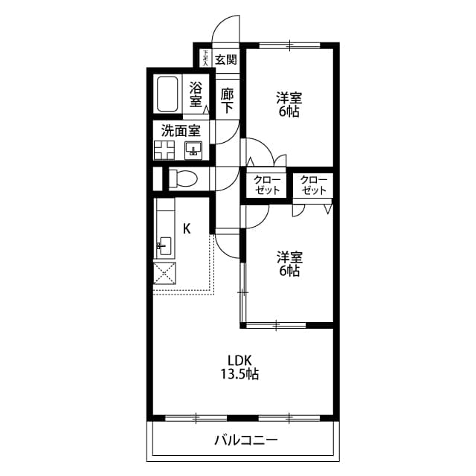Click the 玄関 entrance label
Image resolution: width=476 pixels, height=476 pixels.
click(x=226, y=59)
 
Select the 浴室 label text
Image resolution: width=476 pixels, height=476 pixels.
click(x=196, y=93)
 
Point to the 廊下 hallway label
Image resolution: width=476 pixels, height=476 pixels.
click(x=228, y=100)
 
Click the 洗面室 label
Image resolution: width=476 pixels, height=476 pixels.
click(x=181, y=129)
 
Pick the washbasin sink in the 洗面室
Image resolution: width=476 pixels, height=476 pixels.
click(x=194, y=151)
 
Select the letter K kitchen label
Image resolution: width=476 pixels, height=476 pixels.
click(x=187, y=228)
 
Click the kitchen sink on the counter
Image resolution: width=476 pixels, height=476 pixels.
click(x=164, y=244)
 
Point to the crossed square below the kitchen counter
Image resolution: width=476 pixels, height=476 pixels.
click(x=164, y=274)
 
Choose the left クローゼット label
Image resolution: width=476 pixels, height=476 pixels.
click(x=267, y=185)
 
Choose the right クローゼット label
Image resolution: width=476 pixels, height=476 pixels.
click(x=315, y=185)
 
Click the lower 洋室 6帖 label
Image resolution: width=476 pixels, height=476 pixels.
click(x=289, y=264)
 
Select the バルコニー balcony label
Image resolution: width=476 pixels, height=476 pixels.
click(x=245, y=440)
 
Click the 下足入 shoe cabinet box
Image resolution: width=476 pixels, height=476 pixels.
click(x=205, y=58)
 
